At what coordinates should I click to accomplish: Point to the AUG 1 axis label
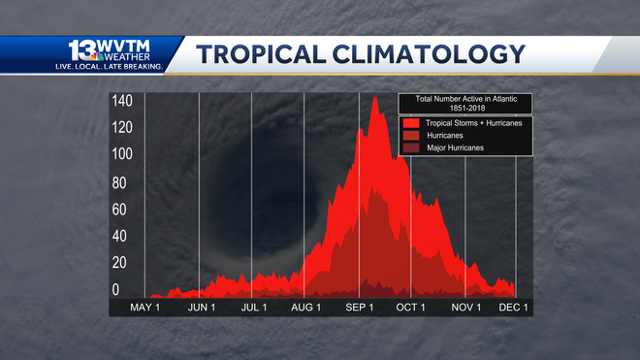(306, 308)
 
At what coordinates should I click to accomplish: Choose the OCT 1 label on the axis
(411, 308)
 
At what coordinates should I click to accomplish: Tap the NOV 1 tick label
(466, 308)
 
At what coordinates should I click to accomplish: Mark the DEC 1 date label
(514, 308)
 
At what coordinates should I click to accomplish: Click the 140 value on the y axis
(121, 102)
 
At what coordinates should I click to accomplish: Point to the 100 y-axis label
(121, 155)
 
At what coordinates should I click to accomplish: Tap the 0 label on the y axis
(115, 289)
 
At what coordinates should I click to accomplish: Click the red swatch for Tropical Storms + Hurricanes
(410, 123)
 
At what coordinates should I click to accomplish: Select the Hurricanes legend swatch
(410, 136)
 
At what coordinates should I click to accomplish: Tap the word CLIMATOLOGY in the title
(432, 54)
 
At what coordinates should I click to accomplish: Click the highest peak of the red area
(374, 97)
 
